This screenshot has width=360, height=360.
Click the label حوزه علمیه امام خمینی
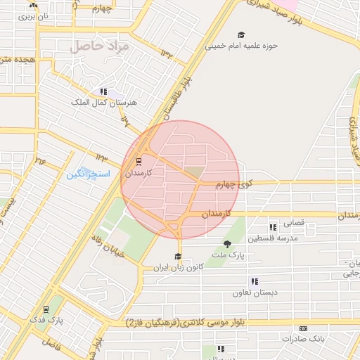pyautogui.click(x=242, y=46)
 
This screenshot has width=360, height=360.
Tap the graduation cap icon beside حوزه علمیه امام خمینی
pyautogui.click(x=241, y=35)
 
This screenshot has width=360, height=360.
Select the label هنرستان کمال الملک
pyautogui.click(x=105, y=102)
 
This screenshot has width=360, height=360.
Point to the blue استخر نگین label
pyautogui.click(x=89, y=173)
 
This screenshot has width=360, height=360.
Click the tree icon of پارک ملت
pyautogui.click(x=226, y=244)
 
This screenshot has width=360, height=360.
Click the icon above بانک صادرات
pyautogui.click(x=303, y=328)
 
